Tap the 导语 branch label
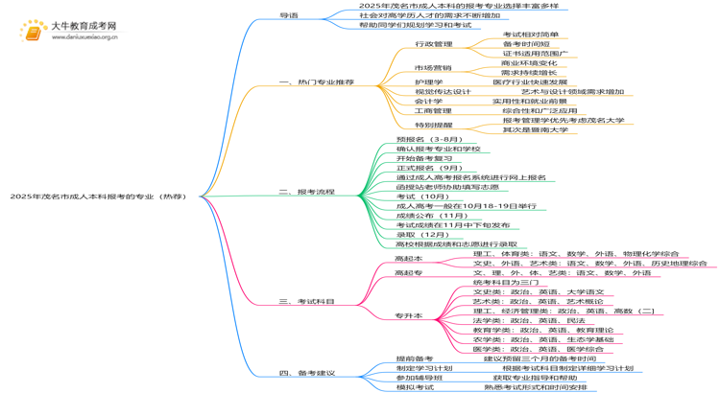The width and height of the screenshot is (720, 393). pos(288,15)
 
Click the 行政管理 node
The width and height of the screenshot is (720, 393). pos(433,44)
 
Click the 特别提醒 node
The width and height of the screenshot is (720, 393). pos(433,125)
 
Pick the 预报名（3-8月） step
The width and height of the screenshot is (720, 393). pos(428,140)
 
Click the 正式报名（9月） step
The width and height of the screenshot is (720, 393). pos(428,168)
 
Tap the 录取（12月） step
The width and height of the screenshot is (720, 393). pos(422,234)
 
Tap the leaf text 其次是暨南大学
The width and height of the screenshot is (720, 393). pos(535,129)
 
